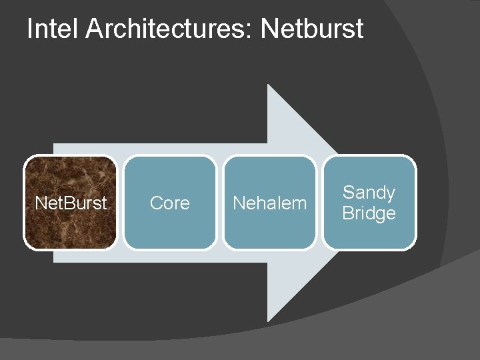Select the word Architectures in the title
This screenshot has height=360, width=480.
(167, 29)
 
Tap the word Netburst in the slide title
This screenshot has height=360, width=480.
(312, 29)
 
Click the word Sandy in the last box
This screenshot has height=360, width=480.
(369, 193)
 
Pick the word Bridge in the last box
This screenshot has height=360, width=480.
(369, 213)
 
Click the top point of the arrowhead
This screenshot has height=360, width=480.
(268, 85)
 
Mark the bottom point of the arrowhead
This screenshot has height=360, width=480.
(268, 321)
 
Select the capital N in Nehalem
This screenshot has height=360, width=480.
(239, 203)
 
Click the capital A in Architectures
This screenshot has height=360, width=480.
(95, 29)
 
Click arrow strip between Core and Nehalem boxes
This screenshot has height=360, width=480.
(219, 203)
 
